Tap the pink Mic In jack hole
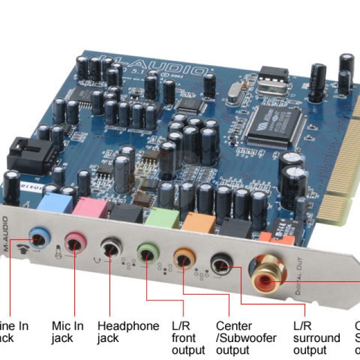click(74, 242)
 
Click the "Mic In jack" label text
click(67, 332)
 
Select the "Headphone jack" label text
click(128, 332)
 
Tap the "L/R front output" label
click(188, 338)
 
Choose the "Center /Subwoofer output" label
click(246, 338)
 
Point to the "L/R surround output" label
click(317, 338)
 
